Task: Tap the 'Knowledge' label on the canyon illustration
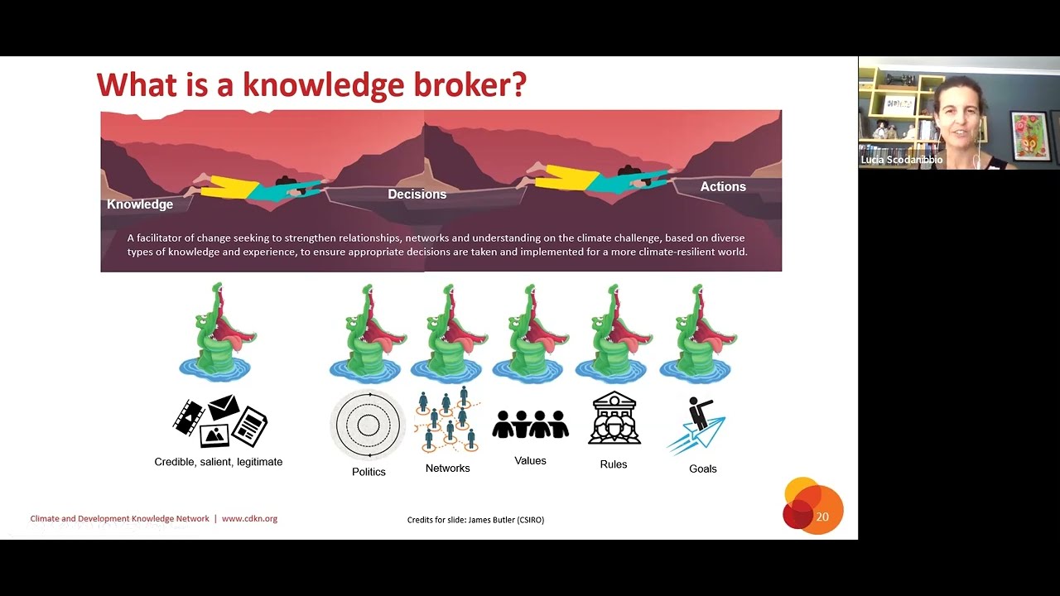[140, 204]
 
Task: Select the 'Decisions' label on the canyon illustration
[417, 195]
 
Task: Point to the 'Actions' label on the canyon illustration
[723, 187]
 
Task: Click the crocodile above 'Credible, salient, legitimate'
[215, 333]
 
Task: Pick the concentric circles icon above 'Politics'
[368, 425]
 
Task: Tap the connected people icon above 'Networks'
[448, 421]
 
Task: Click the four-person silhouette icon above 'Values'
[530, 424]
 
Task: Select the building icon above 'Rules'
[614, 419]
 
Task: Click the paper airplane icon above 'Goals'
[697, 425]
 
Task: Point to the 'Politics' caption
[369, 472]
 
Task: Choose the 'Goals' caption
[702, 469]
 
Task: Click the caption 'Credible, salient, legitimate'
[219, 462]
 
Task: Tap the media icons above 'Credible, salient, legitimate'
[219, 421]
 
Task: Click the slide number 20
[821, 517]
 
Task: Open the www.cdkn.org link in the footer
[249, 519]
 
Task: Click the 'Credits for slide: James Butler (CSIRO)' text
[475, 520]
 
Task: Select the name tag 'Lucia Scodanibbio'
[901, 160]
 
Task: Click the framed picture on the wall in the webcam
[1029, 134]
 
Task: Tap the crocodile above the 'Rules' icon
[614, 333]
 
